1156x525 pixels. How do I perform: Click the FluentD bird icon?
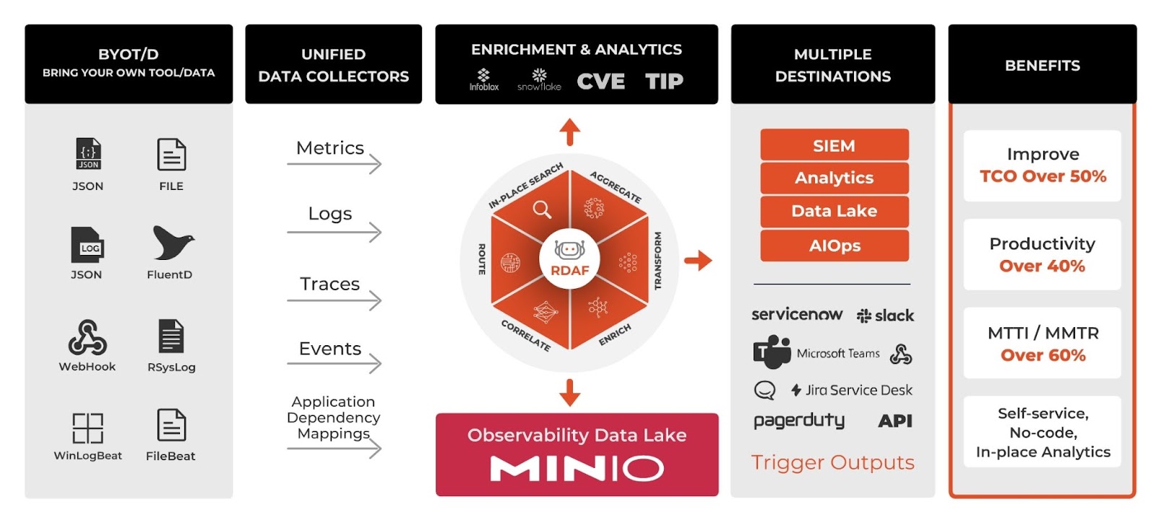pos(172,243)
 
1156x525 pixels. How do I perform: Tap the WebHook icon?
pos(87,337)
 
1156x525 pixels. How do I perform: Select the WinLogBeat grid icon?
pos(87,428)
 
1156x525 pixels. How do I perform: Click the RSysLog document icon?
pos(171,337)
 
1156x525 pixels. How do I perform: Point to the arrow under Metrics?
pos(334,165)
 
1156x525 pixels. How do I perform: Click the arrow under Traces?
pos(334,300)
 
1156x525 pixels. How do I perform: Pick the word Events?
pos(330,349)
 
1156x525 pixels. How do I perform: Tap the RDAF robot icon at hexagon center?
pos(570,250)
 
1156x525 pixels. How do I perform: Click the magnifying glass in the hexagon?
pos(541,209)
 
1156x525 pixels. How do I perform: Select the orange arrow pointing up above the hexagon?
pos(570,132)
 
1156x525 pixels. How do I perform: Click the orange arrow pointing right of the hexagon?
pos(698,260)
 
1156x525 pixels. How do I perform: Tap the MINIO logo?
pos(577,469)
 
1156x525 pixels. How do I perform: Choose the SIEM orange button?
pos(834,145)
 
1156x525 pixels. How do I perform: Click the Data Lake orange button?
pos(834,211)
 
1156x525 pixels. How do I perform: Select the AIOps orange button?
pos(834,246)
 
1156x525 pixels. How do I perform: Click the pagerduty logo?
pos(798,421)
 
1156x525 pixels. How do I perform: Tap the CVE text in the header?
pos(600,82)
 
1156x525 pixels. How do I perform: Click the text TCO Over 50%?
pos(1043,176)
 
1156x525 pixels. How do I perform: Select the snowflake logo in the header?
pos(539,79)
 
